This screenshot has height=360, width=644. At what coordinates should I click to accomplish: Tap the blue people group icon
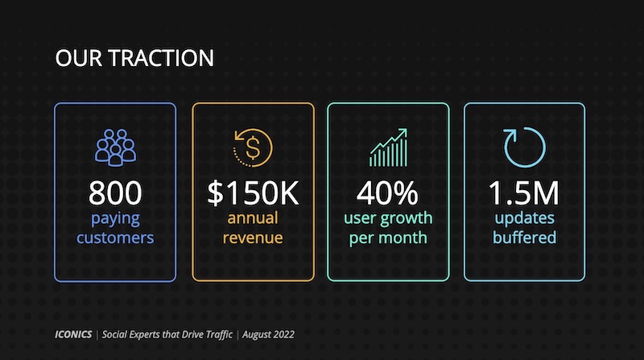coord(115,147)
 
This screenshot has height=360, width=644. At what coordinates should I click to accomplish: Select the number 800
coord(115,192)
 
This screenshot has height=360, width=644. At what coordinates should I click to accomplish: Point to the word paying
coord(115,219)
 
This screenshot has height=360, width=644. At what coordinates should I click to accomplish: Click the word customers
coord(115,238)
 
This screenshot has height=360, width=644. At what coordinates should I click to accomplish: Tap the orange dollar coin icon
coord(253,147)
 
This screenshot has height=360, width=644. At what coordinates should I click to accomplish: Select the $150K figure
coord(253,192)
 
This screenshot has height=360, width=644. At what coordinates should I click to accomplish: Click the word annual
coord(253,217)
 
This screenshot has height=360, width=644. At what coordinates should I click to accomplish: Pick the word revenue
coord(253,238)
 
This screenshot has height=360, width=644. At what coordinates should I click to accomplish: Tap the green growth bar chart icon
coord(388,147)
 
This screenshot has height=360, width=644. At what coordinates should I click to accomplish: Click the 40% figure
coord(388,192)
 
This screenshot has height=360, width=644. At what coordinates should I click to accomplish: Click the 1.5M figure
coord(524,192)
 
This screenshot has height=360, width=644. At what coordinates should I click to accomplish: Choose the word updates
coord(525,218)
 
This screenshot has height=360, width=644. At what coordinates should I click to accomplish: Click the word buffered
coord(525,238)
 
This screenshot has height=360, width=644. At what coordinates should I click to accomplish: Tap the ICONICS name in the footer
coord(73,334)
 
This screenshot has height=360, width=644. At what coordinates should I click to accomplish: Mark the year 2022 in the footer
coord(283,334)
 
